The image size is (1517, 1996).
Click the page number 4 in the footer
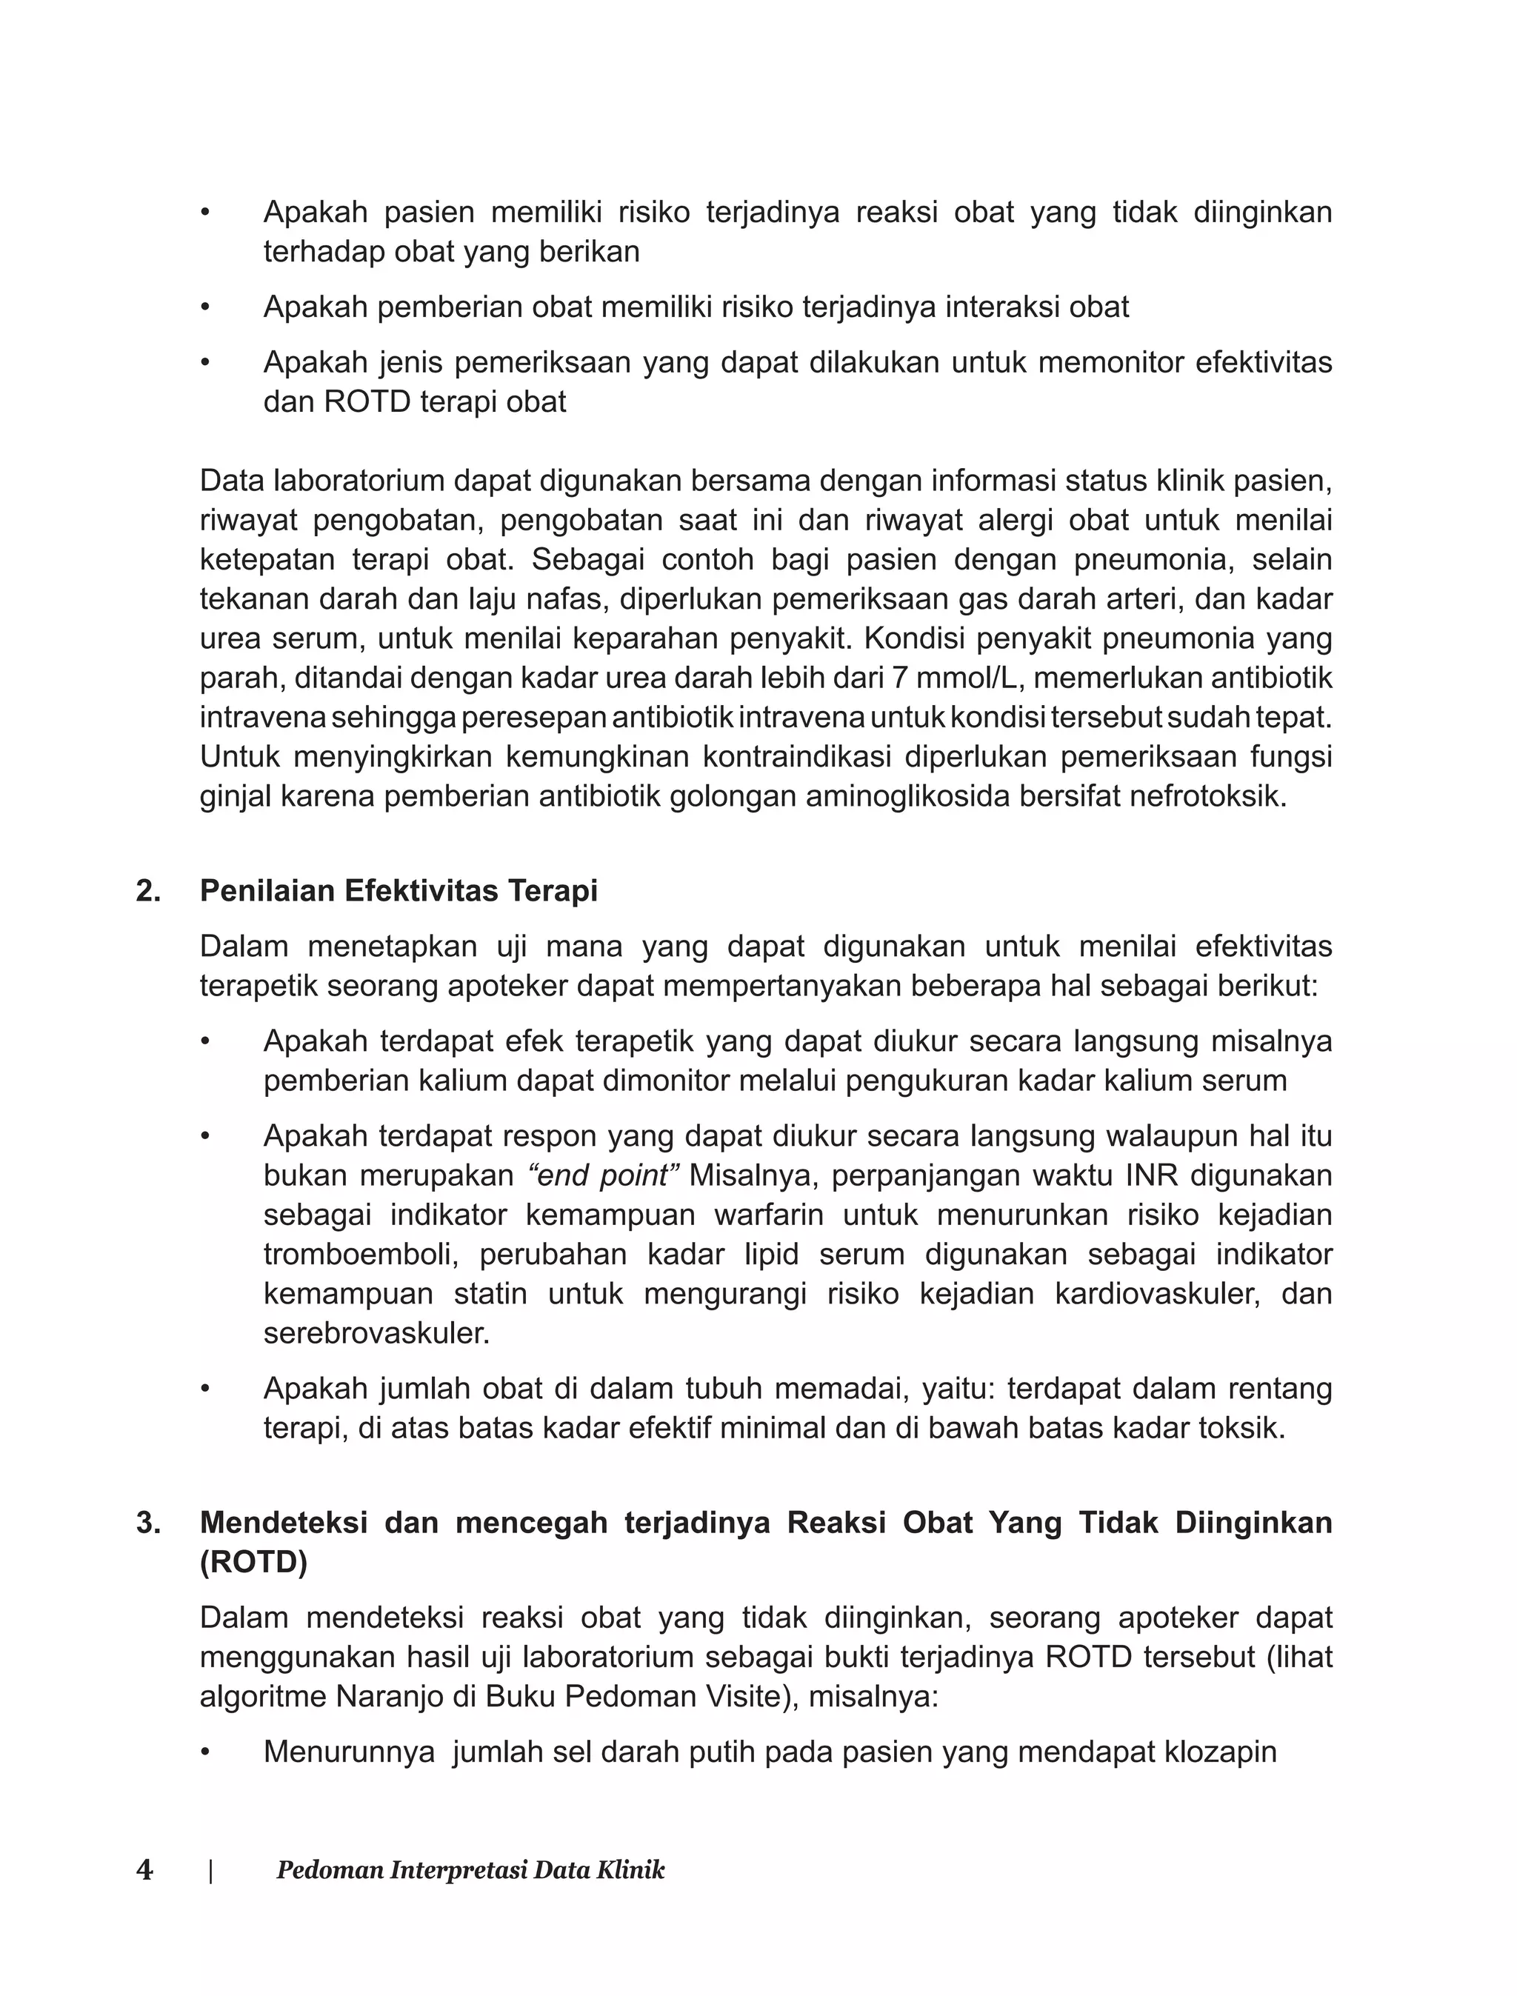click(144, 1869)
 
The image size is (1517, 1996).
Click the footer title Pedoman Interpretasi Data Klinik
click(470, 1869)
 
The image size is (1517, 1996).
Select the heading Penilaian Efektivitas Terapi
click(399, 891)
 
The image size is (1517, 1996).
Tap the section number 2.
click(148, 891)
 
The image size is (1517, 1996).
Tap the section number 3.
click(148, 1523)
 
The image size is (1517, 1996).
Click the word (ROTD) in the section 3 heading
click(254, 1563)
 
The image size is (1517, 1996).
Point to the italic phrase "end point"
click(603, 1175)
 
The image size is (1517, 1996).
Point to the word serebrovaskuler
click(376, 1333)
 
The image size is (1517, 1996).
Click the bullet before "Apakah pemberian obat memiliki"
click(206, 308)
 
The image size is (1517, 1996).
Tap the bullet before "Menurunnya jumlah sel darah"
click(206, 1752)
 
